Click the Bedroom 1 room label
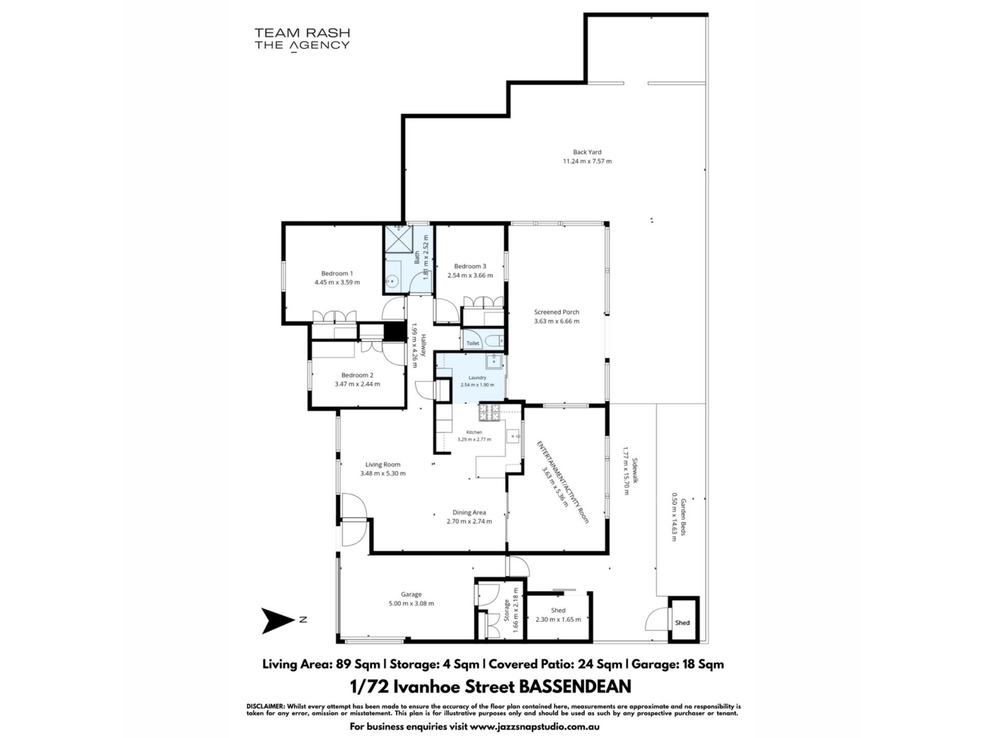[x=337, y=273]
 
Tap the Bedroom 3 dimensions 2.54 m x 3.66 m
[x=470, y=275]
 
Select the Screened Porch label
[x=557, y=312]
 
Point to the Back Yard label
[x=587, y=152]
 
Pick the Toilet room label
[x=473, y=343]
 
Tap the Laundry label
[x=477, y=378]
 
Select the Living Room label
[x=383, y=464]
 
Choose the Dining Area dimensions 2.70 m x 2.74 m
[x=469, y=521]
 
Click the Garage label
[x=411, y=594]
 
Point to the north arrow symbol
[x=279, y=621]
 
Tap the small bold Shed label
[x=682, y=623]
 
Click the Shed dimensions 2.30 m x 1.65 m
[x=558, y=619]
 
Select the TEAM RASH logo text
[x=302, y=33]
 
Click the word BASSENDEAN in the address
[x=575, y=686]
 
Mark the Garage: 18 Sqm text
[x=678, y=664]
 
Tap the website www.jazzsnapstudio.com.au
[x=534, y=727]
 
